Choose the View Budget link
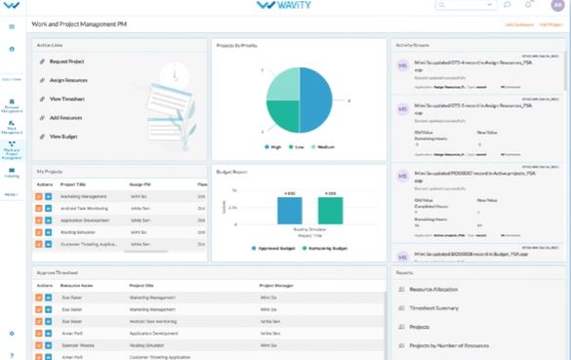click(x=64, y=137)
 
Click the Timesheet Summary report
click(x=434, y=307)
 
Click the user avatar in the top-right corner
click(x=556, y=6)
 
